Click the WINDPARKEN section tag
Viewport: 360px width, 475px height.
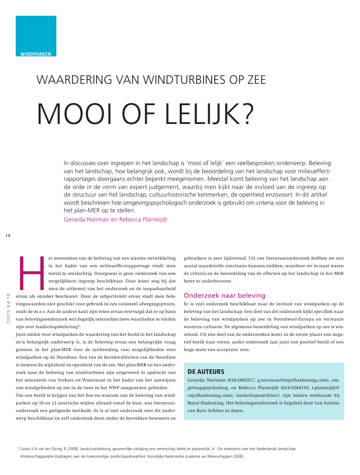[x=36, y=54]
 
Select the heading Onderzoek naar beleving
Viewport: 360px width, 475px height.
[x=224, y=295]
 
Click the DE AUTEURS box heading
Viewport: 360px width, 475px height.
[x=206, y=371]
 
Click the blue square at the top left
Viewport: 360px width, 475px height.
[x=36, y=33]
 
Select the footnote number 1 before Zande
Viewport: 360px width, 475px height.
[x=18, y=449]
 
